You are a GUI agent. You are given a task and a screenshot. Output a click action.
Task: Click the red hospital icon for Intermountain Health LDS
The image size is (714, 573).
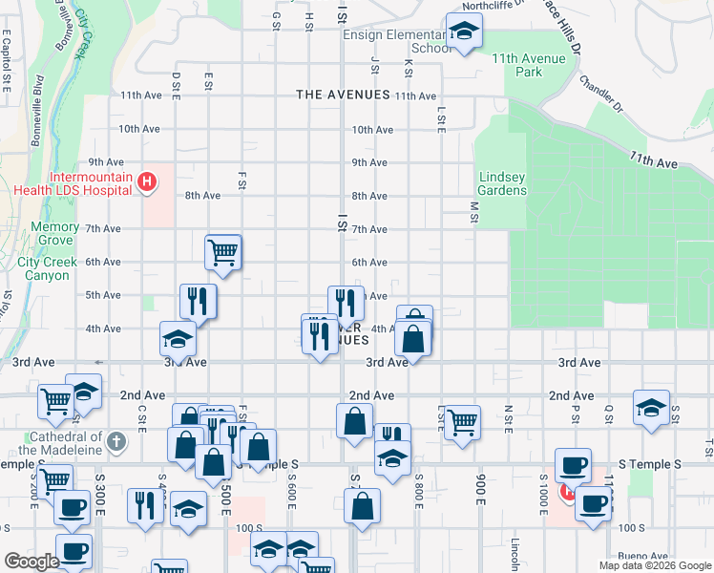pyautogui.click(x=147, y=180)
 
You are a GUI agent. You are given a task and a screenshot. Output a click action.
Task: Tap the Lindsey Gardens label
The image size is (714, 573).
pyautogui.click(x=502, y=183)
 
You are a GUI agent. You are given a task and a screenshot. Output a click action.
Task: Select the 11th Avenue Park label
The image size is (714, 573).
pyautogui.click(x=530, y=65)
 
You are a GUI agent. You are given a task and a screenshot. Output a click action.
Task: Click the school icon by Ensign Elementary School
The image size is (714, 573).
pyautogui.click(x=464, y=33)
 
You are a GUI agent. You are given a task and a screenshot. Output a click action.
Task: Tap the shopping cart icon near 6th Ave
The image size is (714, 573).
pyautogui.click(x=222, y=253)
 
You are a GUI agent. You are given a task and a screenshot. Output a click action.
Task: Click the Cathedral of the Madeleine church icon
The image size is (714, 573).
pyautogui.click(x=115, y=441)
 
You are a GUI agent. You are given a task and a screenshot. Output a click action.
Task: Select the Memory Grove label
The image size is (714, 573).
pyautogui.click(x=54, y=234)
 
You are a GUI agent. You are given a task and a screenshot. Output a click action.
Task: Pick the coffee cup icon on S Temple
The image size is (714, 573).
pyautogui.click(x=573, y=465)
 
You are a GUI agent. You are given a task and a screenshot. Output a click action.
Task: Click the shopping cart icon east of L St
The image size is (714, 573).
pyautogui.click(x=462, y=421)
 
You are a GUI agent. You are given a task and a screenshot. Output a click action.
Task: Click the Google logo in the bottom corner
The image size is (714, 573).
pyautogui.click(x=31, y=562)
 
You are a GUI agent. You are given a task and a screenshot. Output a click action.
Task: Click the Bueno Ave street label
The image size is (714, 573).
pyautogui.click(x=641, y=556)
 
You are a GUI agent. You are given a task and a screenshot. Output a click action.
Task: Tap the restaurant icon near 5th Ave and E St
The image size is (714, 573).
pyautogui.click(x=198, y=302)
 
